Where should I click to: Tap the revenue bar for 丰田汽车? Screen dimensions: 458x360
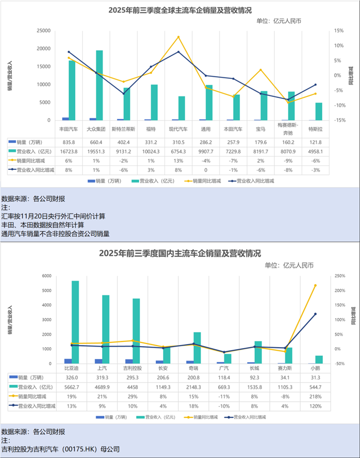[x=72, y=90]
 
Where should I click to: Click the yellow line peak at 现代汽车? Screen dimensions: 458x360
[x=178, y=37]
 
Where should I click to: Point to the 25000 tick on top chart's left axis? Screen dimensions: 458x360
[x=42, y=31]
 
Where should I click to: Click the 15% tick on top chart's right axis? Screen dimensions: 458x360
[x=339, y=31]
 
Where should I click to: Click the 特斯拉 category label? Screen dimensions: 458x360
[x=316, y=128]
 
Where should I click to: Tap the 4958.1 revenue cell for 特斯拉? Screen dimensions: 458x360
[x=316, y=151]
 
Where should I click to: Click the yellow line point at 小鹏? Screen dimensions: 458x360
[x=315, y=285]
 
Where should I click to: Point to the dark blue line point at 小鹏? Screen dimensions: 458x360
[x=315, y=314]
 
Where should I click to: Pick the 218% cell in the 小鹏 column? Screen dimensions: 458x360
[x=315, y=396]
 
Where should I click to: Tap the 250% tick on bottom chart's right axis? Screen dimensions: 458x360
[x=340, y=276]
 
